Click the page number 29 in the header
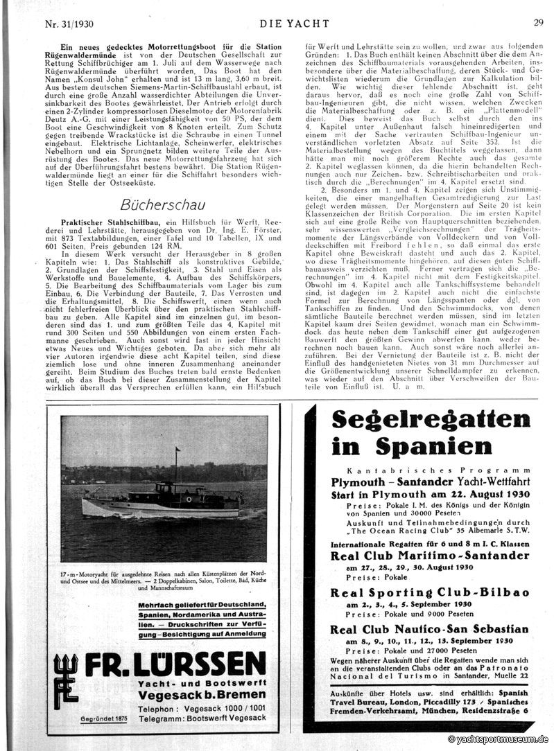pos(538,22)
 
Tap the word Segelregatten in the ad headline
pos(431,420)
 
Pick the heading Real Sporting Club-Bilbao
pos(430,592)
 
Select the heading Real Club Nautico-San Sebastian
pos(429,629)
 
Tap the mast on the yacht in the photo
pos(177,466)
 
